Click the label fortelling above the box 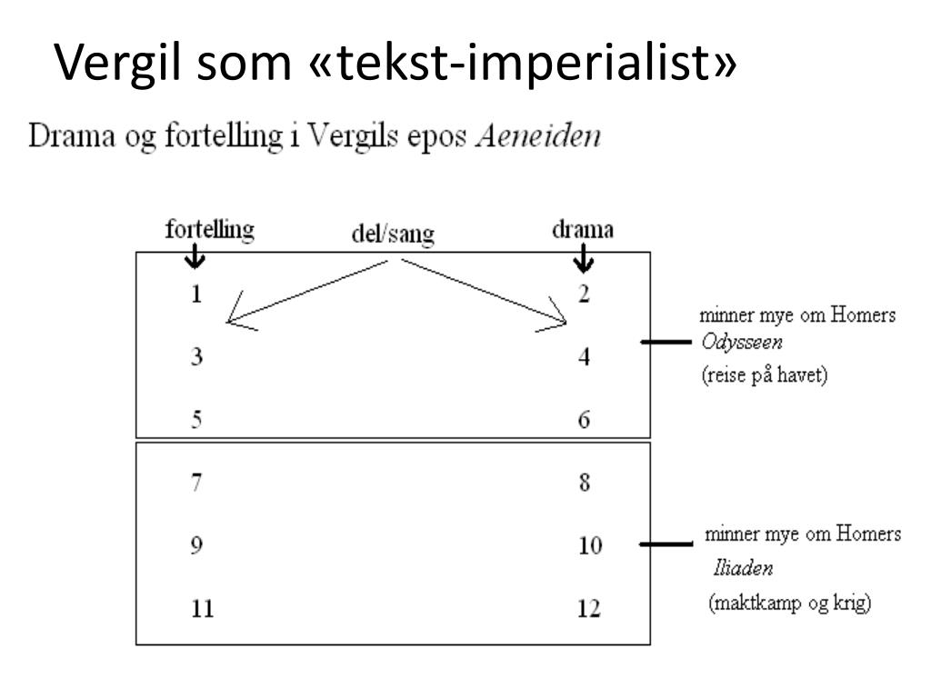[x=209, y=231]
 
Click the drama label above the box [x=582, y=230]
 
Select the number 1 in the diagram [x=196, y=294]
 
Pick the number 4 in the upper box [x=585, y=357]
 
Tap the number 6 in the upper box [x=585, y=420]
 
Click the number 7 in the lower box [x=197, y=483]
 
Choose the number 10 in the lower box [x=588, y=546]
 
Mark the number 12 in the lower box [x=588, y=608]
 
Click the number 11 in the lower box [x=202, y=608]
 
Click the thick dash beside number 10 [x=665, y=545]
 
